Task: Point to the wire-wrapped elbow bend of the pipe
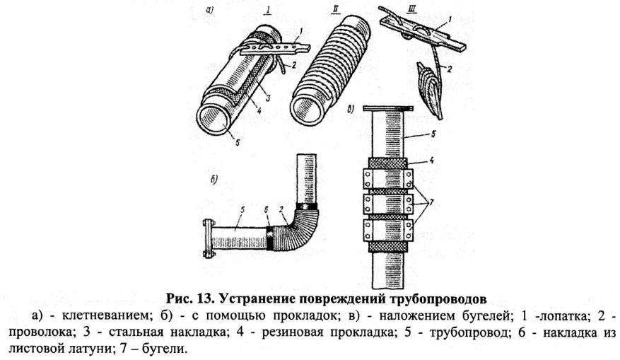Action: point(300,226)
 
